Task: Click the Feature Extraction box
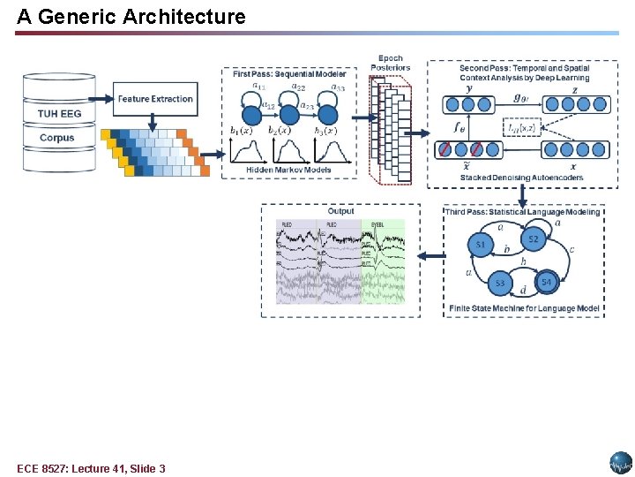(154, 99)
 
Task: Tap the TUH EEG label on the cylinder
(58, 113)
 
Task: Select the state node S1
(482, 244)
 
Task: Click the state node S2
(533, 238)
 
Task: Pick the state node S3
(500, 283)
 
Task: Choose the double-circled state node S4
(547, 282)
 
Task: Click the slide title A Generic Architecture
(131, 16)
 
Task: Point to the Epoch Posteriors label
(391, 63)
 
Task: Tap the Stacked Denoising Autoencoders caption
(520, 178)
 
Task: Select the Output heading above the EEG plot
(340, 211)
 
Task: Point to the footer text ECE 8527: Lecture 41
(91, 468)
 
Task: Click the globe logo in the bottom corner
(621, 463)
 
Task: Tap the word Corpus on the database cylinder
(57, 138)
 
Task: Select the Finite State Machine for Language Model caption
(524, 308)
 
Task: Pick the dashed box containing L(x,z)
(521, 128)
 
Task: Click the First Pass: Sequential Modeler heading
(289, 74)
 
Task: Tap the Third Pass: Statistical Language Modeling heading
(523, 212)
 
